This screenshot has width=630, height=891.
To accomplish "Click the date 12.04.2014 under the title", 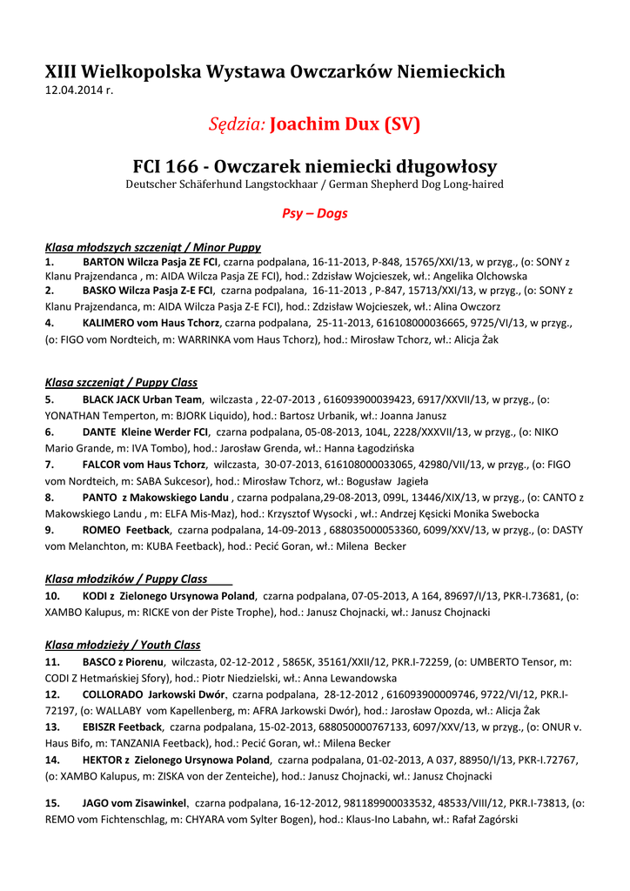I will (79, 90).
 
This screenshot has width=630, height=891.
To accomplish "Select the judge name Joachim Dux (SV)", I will (345, 125).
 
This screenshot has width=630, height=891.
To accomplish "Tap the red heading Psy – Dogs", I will (314, 213).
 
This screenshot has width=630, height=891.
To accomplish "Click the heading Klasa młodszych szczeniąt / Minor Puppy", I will (152, 247).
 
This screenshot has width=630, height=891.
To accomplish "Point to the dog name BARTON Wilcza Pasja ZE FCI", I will (150, 261).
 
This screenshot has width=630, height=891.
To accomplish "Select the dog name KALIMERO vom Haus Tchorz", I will (151, 323).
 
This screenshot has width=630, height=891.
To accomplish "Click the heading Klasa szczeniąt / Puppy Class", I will (121, 382).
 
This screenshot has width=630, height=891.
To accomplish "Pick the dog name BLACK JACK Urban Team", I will (142, 399).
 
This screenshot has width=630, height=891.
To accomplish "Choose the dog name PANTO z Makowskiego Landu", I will (156, 498).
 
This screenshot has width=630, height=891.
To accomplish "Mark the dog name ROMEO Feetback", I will (126, 530).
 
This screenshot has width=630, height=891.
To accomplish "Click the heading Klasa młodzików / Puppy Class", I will (126, 579).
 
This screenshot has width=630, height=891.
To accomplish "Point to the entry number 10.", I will (52, 596).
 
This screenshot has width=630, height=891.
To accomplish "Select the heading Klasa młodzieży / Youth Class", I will (123, 645).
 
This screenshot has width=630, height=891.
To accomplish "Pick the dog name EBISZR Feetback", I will (123, 727).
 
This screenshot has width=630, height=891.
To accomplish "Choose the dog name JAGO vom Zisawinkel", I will (134, 803).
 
